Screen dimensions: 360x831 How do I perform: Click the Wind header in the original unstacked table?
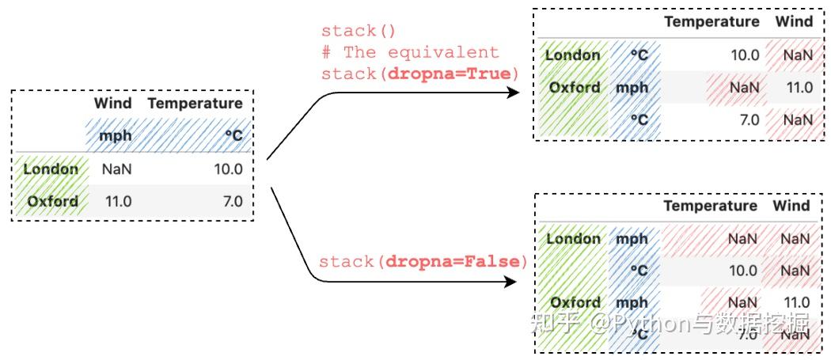(x=112, y=104)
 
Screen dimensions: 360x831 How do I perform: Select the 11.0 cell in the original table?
(x=118, y=202)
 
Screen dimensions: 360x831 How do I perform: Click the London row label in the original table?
(x=51, y=169)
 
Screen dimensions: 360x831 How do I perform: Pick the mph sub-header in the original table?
(x=115, y=136)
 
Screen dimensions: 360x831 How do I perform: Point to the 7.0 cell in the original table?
(x=232, y=202)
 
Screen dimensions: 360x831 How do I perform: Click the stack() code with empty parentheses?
(x=358, y=32)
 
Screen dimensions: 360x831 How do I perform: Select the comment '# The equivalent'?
(x=410, y=52)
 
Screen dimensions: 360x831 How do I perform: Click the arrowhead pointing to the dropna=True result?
(x=513, y=93)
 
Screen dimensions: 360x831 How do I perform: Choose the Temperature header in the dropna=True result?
(x=711, y=21)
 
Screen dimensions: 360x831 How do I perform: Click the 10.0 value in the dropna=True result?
(x=744, y=55)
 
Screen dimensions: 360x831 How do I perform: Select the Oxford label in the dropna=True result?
(x=575, y=87)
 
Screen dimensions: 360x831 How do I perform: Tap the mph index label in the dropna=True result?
(x=632, y=88)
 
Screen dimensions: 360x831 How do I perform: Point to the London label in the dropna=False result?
(x=574, y=238)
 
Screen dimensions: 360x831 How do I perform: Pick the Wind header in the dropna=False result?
(x=791, y=206)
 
